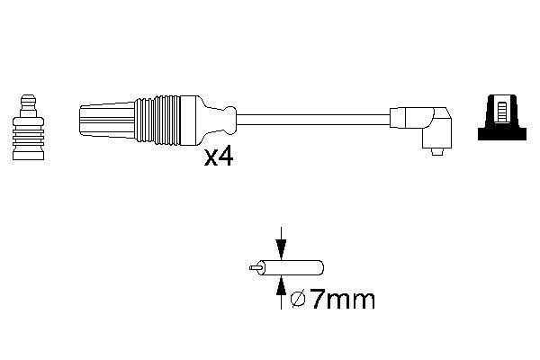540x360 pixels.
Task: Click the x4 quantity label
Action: (x=220, y=158)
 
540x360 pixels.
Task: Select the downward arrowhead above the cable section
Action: (x=283, y=255)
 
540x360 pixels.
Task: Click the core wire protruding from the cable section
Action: (x=256, y=267)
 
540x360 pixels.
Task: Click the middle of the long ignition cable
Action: (x=315, y=117)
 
